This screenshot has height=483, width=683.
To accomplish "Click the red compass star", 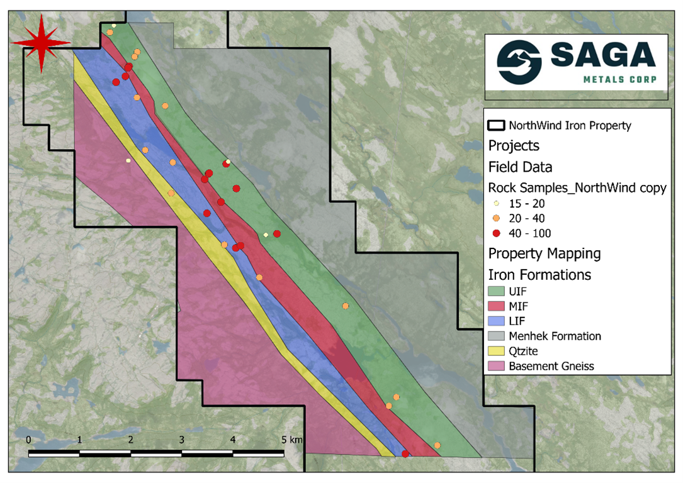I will [41, 42].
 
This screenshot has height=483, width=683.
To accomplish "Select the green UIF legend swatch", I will [497, 291].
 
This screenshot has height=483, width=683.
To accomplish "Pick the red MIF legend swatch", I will [497, 306].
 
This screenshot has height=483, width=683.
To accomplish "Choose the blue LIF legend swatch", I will [497, 321].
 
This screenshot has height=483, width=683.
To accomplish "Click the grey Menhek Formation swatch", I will [497, 336].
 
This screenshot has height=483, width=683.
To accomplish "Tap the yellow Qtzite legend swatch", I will [497, 352].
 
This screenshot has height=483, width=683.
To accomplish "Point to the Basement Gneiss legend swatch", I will [497, 366].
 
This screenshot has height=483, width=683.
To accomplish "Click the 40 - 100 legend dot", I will [496, 234].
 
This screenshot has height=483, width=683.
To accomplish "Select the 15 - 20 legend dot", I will [496, 204].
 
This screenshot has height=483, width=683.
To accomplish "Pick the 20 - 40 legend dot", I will [496, 219].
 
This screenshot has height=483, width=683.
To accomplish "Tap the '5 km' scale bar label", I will [293, 439].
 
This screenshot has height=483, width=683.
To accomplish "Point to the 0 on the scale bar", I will [29, 439].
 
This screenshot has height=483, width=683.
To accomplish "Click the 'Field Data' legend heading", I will [520, 167].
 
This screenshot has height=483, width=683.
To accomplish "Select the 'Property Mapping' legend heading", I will [544, 254].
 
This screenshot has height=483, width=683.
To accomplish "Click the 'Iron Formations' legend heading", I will [539, 275].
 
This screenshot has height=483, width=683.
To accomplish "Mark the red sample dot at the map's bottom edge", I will [405, 454].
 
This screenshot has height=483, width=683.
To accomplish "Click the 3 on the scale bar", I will [182, 439].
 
